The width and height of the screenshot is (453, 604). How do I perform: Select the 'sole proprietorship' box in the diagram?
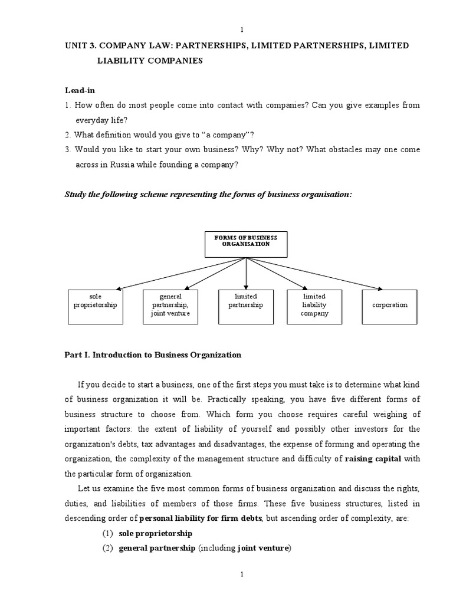pos(95,307)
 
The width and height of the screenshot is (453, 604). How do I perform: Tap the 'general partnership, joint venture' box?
pos(170,307)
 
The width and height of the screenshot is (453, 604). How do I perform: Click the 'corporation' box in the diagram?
pos(389,307)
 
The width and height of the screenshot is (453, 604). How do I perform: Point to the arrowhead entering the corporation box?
pos(379,288)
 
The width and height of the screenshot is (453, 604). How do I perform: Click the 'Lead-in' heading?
pos(79,90)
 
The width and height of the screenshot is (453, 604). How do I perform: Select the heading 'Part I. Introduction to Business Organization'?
pos(153,355)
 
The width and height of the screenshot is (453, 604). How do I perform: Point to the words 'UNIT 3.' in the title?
pos(81,46)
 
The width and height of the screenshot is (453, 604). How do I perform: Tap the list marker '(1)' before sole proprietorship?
pos(107,533)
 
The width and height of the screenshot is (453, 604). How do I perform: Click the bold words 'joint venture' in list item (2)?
pos(263,548)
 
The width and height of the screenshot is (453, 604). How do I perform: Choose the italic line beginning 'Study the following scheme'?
pos(208,195)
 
